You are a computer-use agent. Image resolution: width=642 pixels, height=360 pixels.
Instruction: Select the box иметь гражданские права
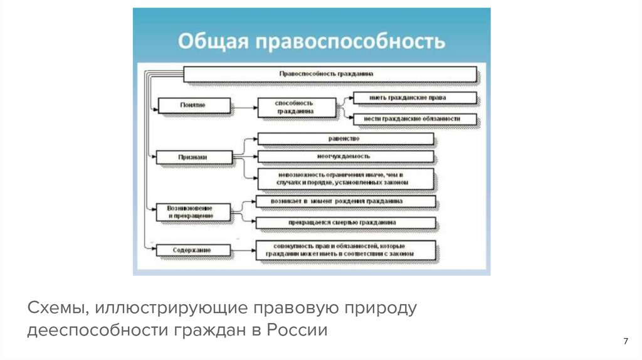coord(414,98)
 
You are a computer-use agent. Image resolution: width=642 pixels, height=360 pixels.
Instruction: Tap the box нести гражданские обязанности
coord(414,119)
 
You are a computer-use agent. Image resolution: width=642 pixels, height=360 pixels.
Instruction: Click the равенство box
coord(344,138)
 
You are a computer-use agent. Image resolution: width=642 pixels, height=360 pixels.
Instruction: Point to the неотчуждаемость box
coord(344,156)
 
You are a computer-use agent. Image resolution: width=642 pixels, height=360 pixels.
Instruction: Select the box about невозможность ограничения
coord(344,178)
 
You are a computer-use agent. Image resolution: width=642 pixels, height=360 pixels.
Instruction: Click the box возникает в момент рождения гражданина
coord(345,202)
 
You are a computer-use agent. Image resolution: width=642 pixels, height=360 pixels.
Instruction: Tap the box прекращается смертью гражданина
coord(345,222)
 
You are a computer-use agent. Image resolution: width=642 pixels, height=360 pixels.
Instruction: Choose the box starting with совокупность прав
coord(344,249)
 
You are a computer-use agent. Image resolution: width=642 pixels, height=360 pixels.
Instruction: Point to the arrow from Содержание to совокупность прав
coord(243,250)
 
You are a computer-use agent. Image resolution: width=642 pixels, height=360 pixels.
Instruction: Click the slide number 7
coord(625,341)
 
